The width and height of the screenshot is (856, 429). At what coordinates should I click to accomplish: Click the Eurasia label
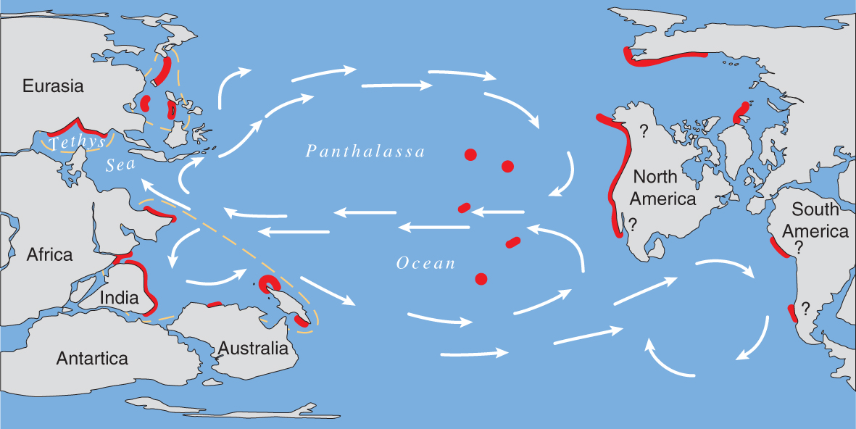click(53, 86)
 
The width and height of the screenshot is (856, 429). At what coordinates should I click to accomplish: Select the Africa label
click(50, 254)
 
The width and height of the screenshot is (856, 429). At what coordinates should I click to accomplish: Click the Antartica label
click(92, 358)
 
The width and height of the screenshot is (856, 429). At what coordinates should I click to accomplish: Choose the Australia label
click(253, 348)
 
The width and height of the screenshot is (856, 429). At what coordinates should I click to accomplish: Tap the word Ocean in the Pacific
click(426, 263)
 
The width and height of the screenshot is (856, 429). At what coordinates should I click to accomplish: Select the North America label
click(665, 187)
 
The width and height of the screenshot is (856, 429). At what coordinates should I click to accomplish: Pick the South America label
click(820, 220)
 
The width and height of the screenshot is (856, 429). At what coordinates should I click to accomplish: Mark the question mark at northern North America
click(643, 131)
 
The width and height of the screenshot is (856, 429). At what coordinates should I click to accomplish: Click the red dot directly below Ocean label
click(480, 279)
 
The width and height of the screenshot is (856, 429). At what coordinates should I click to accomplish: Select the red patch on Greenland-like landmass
click(742, 112)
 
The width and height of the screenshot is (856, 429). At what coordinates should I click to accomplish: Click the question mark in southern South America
click(805, 307)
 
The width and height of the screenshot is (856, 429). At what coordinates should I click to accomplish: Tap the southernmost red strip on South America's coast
click(792, 314)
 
